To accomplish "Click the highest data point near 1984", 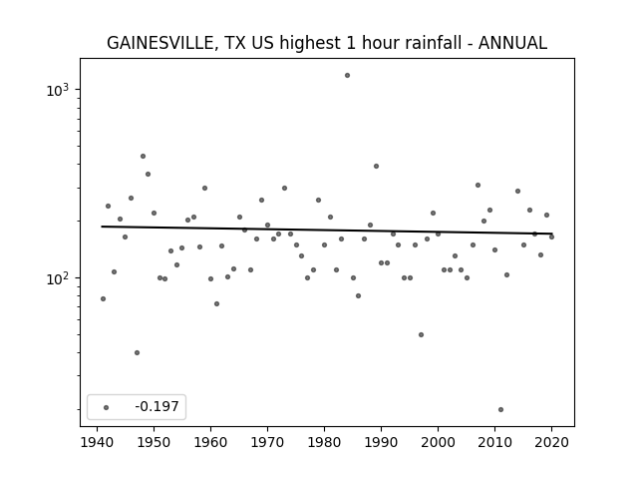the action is tap(347, 76).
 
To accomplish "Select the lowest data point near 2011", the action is tap(500, 410).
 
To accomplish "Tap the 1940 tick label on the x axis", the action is tap(98, 442).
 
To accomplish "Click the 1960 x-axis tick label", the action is tap(210, 442).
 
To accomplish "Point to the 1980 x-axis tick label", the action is tap(324, 442).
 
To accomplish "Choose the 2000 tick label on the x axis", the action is tap(439, 442).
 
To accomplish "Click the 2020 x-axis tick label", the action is tap(551, 442).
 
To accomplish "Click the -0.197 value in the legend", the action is tap(158, 406).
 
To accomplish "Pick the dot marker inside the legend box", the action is tap(107, 407).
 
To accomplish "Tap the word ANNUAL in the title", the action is tap(512, 43).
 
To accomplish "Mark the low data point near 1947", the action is tap(138, 352).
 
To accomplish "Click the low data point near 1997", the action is tap(421, 335).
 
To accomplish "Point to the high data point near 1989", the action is tap(377, 167).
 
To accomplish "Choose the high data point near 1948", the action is tap(143, 156).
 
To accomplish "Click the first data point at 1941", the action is tap(103, 299).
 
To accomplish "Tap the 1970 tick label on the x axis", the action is tap(268, 442).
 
